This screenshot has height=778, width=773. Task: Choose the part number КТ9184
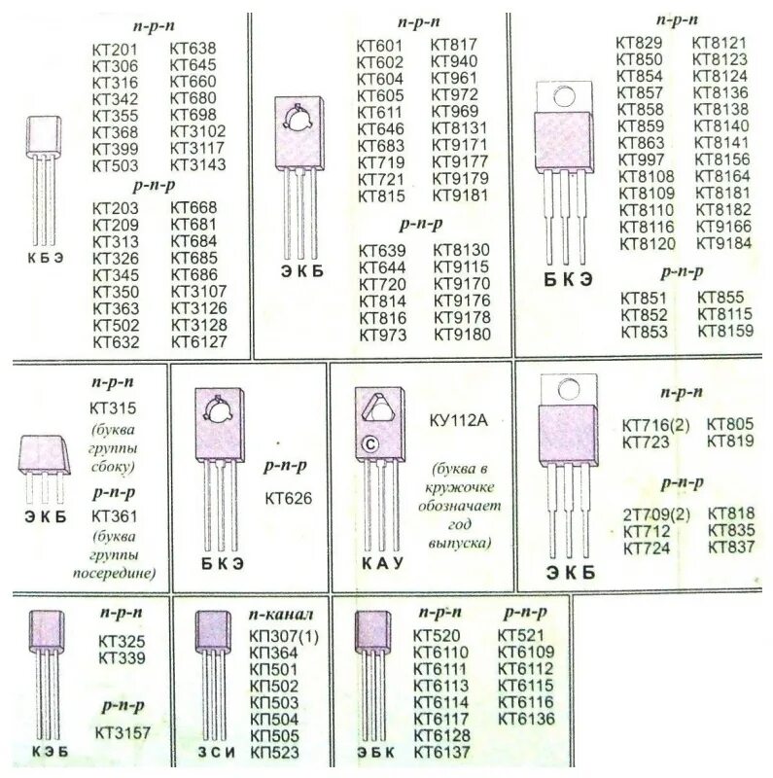723,243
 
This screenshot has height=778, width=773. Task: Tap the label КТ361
115,515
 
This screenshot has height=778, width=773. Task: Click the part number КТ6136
526,719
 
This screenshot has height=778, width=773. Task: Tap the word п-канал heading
281,615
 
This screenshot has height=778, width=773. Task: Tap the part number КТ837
732,547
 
